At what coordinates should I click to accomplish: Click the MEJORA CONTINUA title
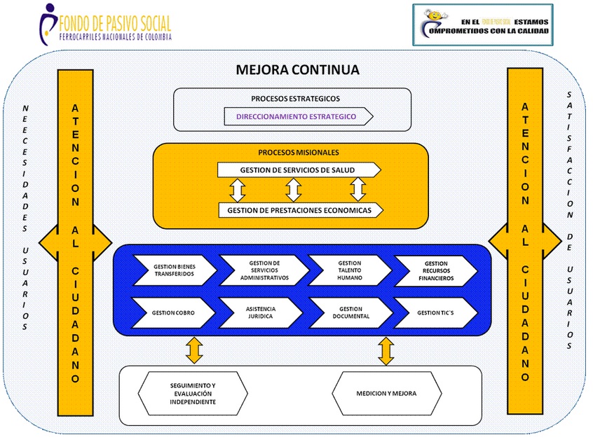coord(298,70)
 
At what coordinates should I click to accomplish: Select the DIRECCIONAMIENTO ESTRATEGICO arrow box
coord(297,116)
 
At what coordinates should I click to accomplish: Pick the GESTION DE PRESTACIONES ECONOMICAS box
coord(300,209)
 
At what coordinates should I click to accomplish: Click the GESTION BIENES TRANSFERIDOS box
coord(175,270)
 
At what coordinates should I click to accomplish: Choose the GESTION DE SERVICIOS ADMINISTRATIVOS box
coord(264,270)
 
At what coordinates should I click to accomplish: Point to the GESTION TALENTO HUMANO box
coord(350,270)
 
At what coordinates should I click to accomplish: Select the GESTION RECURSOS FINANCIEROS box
coord(435,270)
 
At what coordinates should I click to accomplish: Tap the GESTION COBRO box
coord(175,312)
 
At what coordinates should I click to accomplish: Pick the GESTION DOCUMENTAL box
coord(350,312)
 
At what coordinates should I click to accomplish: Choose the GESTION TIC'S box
coord(435,312)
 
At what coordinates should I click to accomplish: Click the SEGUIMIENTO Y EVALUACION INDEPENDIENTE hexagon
coord(193,394)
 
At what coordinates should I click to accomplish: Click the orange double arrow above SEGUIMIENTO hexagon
coord(194,350)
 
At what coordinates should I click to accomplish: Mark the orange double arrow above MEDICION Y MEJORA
coord(386,350)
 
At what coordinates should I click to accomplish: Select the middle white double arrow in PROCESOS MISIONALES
coord(294,189)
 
